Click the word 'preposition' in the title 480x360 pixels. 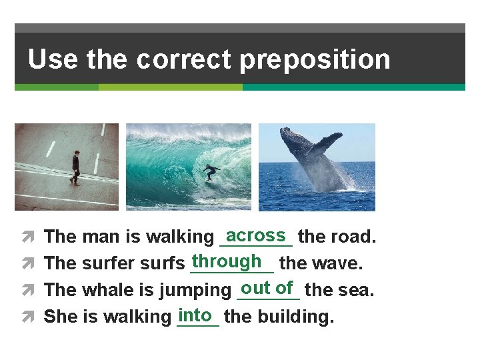[x=315, y=60]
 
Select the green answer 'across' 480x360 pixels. [x=256, y=235]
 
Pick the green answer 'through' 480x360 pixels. [x=226, y=261]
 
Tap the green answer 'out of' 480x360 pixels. [x=267, y=288]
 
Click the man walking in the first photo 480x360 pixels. [x=75, y=167]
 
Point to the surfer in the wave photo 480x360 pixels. [x=211, y=172]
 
